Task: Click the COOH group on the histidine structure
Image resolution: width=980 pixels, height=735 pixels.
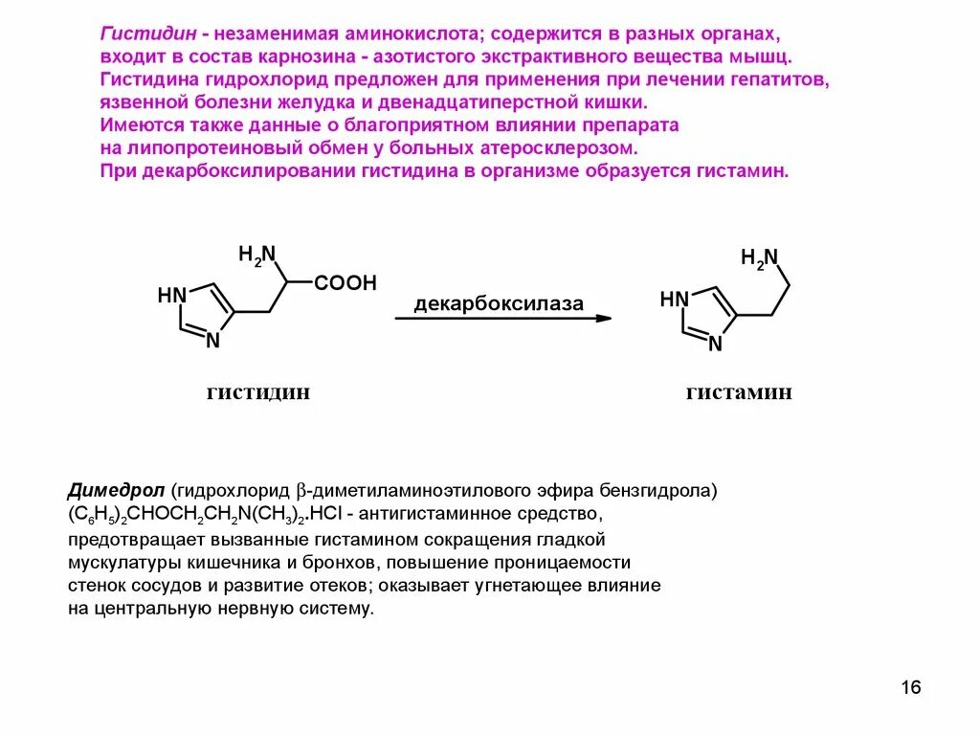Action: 345,283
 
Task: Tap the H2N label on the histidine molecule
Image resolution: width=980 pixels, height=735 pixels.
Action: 256,255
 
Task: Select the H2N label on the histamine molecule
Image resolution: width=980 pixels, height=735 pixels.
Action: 760,258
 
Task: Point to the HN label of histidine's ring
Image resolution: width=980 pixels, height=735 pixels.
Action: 171,296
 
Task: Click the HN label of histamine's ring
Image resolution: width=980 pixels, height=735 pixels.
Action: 674,301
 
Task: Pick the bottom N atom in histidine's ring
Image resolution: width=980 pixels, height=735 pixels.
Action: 213,340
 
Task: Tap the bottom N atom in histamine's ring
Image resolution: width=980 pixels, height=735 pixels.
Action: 715,345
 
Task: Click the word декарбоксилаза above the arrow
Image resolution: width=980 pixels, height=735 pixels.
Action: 499,304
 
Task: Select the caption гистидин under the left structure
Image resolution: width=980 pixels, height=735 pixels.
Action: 258,392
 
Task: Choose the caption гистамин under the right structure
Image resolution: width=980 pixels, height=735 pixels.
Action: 739,392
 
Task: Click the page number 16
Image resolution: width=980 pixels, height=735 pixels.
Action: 910,688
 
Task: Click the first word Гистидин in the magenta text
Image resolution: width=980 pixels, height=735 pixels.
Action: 143,34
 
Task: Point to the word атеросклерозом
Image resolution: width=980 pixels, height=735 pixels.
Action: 557,148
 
